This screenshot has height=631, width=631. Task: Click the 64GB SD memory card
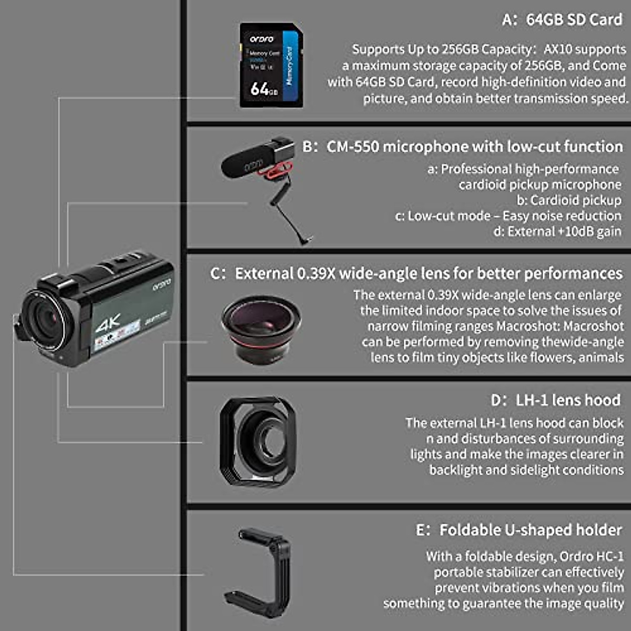[271, 65]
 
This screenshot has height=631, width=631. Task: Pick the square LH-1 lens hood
[257, 442]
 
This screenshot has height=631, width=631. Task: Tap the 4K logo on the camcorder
[108, 322]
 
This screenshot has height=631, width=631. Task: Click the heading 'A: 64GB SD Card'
[562, 20]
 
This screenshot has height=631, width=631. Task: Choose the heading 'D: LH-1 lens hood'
[555, 400]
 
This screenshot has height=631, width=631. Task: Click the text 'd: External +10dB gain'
[557, 231]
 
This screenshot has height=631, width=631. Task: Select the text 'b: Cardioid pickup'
[568, 200]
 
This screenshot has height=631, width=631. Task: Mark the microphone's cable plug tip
[308, 241]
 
